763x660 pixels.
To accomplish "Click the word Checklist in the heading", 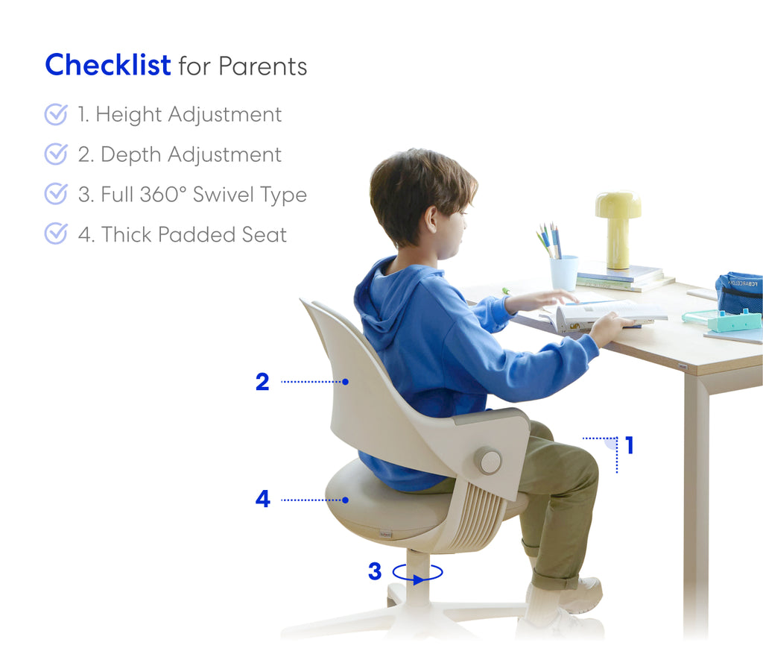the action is coord(107,65).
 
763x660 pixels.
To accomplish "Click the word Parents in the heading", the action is coord(263,66).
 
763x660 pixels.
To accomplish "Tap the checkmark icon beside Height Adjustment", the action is coord(56,114).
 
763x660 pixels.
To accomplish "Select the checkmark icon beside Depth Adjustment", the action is coord(56,154).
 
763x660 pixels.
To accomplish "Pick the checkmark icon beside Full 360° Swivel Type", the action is coord(56,194).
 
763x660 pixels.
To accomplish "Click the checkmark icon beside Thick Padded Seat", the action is coord(56,234).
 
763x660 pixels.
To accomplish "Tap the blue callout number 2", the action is coord(262,382).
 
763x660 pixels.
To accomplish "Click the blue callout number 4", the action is coord(263,499).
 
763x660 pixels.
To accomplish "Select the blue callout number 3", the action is coord(375,571).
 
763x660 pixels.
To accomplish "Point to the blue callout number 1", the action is coord(630,445).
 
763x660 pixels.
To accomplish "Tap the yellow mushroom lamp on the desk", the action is coord(618,229).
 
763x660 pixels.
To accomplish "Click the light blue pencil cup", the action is coord(564,273).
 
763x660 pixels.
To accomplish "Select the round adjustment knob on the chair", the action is coord(488,460).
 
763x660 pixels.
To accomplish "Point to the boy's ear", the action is coord(431,220).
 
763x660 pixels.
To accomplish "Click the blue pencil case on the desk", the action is coord(739,293).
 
